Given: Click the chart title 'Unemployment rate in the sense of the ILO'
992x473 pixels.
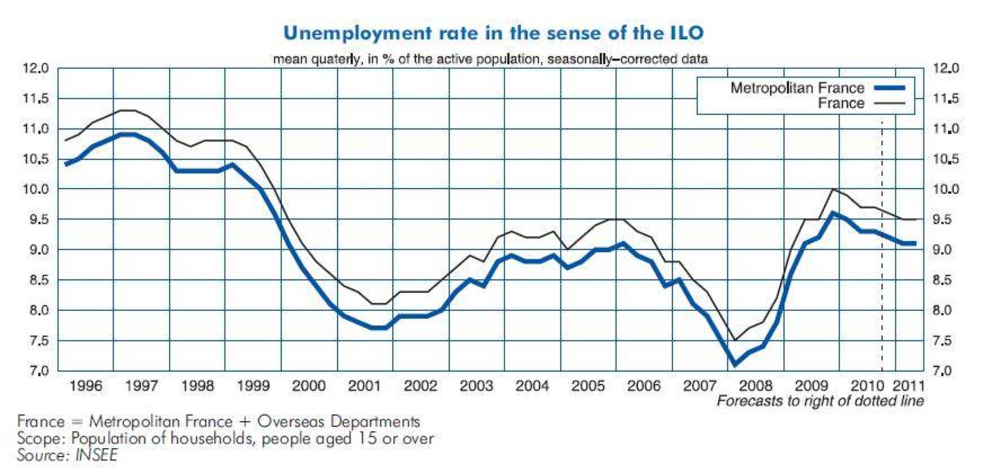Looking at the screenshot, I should coord(493,33).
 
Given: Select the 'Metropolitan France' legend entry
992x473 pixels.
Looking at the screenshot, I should coord(797,88).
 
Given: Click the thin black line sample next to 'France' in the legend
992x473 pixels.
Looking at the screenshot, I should coord(889,104).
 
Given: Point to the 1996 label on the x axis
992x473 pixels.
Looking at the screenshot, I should coord(86,386).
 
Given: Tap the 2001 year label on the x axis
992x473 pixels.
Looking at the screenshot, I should coord(365,386).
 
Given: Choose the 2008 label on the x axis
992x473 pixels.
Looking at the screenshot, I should coord(756,386).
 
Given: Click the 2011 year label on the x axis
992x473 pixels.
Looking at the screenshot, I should coord(909,386).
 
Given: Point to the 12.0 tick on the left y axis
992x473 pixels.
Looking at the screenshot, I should coord(36,69).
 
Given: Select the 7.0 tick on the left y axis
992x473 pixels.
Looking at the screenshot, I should coord(36,371).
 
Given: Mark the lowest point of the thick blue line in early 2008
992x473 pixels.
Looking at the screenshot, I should coord(735,364).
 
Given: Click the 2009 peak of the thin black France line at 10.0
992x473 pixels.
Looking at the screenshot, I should coord(832,189).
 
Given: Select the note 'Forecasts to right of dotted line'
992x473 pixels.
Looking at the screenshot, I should coord(820,401).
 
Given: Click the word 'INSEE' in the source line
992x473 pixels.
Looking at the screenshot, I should coord(96,455).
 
